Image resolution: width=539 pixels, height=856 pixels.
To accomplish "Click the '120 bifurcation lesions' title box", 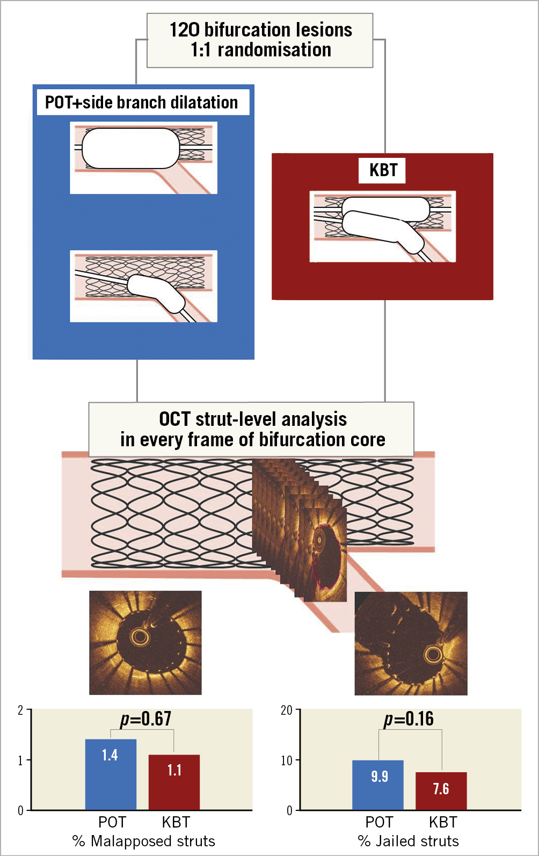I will click(260, 40).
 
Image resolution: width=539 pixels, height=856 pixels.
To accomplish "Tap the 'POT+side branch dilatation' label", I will click(142, 103).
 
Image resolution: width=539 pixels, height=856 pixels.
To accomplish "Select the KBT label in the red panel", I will click(383, 170).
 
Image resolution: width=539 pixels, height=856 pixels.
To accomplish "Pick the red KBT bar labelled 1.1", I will click(174, 782).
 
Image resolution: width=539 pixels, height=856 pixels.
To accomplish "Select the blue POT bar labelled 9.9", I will click(378, 785).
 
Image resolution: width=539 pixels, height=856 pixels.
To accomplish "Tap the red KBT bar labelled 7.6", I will click(441, 790).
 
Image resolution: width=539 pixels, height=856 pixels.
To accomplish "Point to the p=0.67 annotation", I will click(145, 719).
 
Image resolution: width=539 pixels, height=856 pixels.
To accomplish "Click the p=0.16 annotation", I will click(409, 719).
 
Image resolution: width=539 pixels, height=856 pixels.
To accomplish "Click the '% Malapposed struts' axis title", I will click(144, 841).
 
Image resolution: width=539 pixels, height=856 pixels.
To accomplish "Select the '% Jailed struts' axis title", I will click(409, 841).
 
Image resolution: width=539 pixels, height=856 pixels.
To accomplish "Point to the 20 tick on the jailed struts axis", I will click(287, 711).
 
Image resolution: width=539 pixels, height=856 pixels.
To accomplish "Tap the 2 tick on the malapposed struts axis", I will click(20, 711).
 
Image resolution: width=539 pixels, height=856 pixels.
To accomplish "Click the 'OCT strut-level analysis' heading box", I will click(251, 429).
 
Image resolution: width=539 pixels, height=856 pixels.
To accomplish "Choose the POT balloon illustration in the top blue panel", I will click(143, 157).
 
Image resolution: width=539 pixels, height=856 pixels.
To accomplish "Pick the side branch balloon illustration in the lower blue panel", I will click(143, 286).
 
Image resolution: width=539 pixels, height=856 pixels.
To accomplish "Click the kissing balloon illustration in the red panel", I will click(382, 226).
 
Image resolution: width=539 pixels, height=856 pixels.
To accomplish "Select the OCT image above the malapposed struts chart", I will click(145, 642).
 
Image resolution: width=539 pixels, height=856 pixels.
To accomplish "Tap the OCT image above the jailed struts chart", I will click(411, 643).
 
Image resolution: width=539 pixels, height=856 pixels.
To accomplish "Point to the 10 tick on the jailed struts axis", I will click(287, 760).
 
